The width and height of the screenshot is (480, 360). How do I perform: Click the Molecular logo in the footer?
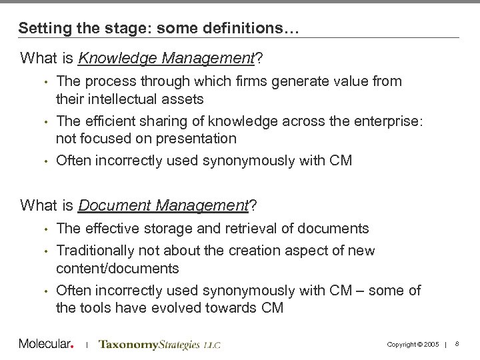(x=45, y=344)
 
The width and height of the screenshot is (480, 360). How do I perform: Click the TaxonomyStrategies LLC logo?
(x=159, y=345)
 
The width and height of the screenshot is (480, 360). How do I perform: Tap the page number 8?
(x=457, y=344)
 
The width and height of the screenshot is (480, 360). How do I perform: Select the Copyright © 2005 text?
(x=411, y=345)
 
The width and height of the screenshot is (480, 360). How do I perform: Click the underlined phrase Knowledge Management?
(x=166, y=59)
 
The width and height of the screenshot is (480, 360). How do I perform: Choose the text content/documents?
(x=117, y=268)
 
